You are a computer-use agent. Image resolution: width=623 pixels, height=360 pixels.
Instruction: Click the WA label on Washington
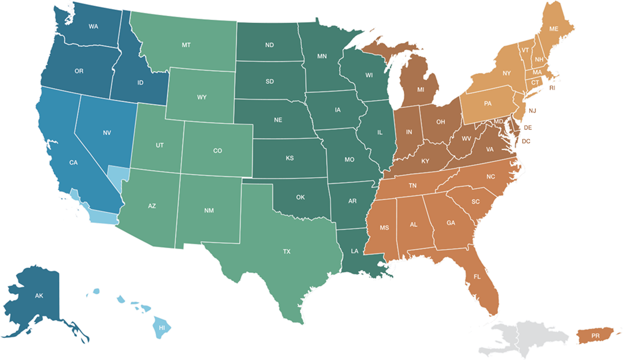[x=93, y=26]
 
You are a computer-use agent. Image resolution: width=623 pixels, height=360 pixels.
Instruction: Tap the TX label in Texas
[x=287, y=251]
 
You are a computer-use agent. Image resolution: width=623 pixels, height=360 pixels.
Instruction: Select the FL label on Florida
[x=477, y=277]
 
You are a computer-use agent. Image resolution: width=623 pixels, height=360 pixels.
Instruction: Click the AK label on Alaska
[x=39, y=296]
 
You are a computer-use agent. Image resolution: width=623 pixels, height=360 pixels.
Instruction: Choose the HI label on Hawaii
[x=161, y=327]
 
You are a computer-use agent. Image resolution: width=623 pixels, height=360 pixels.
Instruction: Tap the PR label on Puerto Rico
[x=595, y=336]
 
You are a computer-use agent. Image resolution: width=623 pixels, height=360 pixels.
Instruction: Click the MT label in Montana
[x=186, y=45]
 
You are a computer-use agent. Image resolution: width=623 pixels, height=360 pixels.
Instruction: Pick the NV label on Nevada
[x=106, y=133]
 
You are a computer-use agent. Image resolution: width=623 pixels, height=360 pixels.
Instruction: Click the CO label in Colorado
[x=217, y=151]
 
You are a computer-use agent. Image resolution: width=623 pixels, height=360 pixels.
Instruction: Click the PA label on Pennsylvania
[x=487, y=104]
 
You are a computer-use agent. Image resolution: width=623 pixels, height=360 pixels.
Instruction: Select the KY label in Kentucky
[x=425, y=161]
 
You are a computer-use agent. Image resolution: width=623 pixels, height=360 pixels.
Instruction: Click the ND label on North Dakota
[x=270, y=45]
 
